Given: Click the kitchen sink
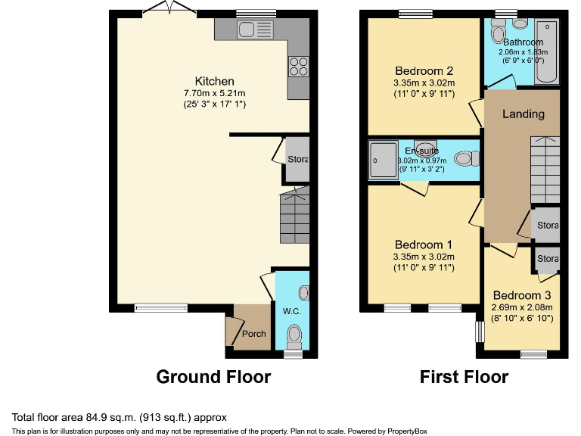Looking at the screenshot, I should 254,30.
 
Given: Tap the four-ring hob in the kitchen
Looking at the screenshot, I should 298,67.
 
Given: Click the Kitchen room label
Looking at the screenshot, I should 215,81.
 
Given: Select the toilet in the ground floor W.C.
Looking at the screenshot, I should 294,334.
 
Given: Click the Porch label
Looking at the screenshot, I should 253,334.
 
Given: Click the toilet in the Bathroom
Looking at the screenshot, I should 498,32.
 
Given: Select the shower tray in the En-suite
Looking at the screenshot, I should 383,160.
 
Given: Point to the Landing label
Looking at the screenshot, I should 524,114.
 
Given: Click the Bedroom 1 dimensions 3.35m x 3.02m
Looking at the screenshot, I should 423,257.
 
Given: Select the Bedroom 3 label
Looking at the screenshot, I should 522,295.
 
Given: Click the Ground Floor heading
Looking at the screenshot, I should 213,376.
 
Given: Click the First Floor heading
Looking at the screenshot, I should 464,376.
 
